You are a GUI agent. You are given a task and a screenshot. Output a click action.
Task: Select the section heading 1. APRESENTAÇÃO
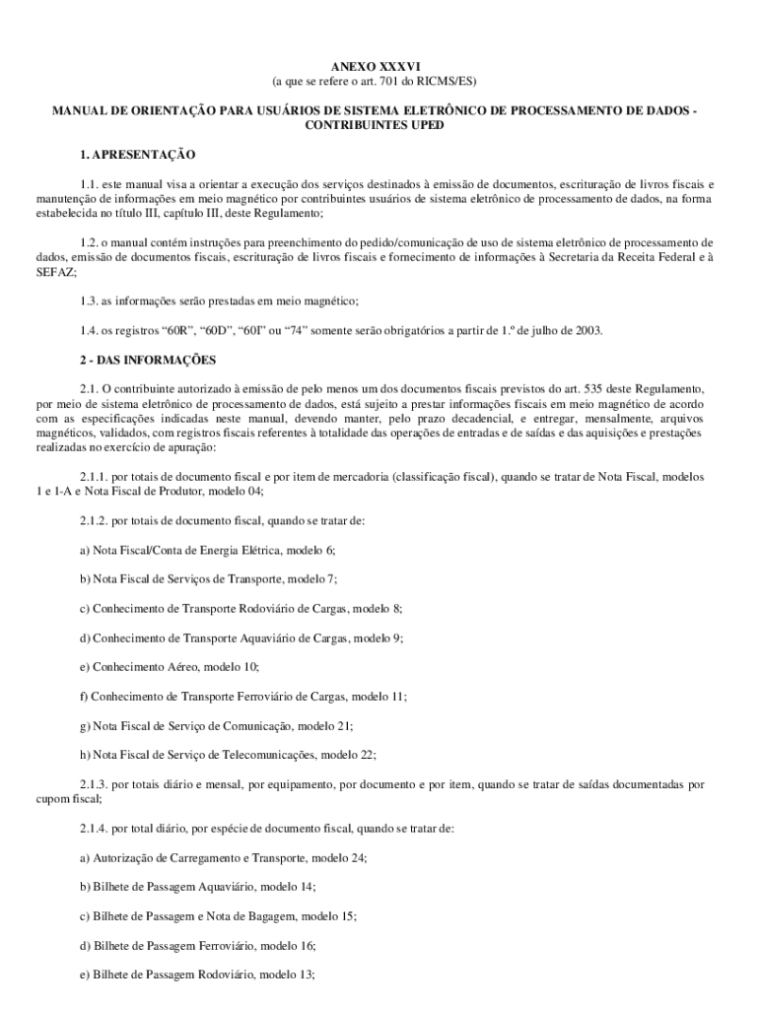138,155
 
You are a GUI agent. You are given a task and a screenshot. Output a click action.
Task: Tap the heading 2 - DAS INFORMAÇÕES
148,359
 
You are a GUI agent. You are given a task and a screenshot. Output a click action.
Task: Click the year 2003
587,330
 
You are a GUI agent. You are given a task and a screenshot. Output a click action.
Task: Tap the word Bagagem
270,916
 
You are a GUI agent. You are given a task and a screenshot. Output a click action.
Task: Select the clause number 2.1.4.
97,829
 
